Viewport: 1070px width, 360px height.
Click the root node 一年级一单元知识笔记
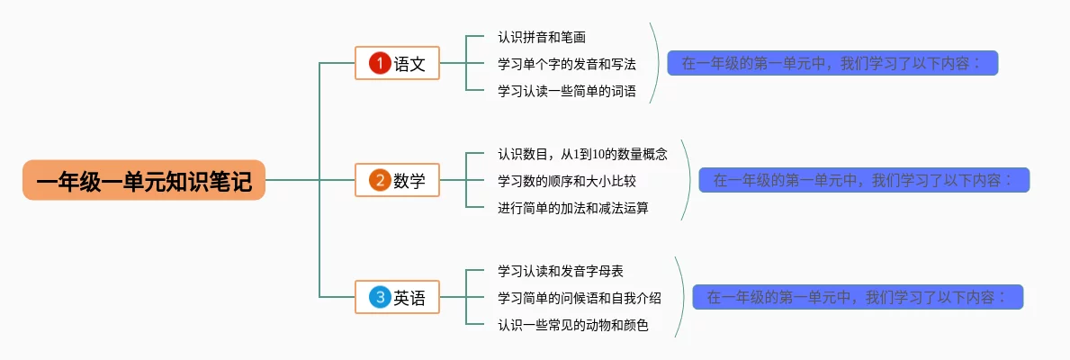coord(144,180)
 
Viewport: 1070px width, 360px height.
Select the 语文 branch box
coord(397,63)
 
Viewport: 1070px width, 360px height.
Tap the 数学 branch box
coord(397,180)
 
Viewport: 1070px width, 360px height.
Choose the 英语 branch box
coord(397,297)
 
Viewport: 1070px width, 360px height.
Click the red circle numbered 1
coord(380,63)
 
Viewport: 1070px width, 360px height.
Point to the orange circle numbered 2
coord(380,180)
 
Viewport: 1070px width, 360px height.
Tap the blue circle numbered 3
coord(380,297)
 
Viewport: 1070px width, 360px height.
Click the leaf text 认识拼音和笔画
coord(542,38)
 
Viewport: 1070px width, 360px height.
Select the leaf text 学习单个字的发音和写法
coord(567,64)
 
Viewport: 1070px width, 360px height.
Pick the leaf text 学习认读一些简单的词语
coord(567,91)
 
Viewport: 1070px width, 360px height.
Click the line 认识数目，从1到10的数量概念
coord(582,154)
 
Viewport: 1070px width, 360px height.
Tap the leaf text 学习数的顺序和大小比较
coord(567,181)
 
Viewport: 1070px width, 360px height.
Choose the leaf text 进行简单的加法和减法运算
coord(573,208)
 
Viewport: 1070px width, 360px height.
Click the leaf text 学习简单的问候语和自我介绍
coord(580,298)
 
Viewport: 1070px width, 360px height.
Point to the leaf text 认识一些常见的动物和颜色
coord(573,325)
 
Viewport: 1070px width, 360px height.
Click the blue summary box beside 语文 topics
coord(832,63)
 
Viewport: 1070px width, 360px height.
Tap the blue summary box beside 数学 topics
coord(864,180)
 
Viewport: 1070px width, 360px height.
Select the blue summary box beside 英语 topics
coord(858,297)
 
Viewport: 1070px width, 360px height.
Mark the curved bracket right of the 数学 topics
coord(691,180)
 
